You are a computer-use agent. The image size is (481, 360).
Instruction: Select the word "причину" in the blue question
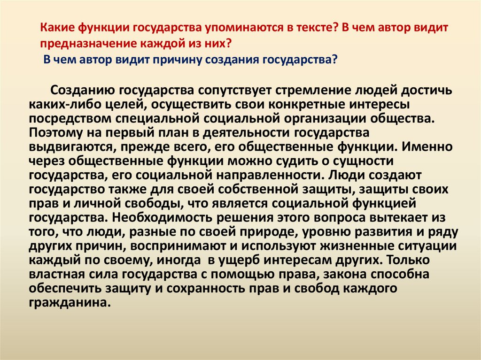196,60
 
